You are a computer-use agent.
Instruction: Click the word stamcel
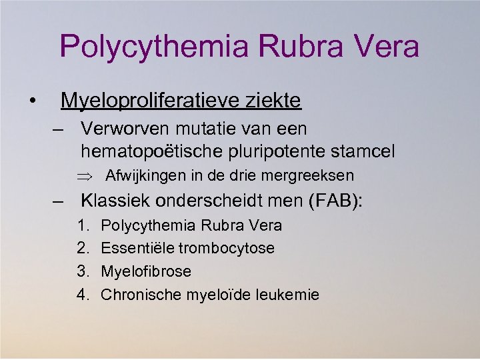(363, 151)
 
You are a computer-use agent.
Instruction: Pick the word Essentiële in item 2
(135, 248)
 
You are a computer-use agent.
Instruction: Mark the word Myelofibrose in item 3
(145, 271)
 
